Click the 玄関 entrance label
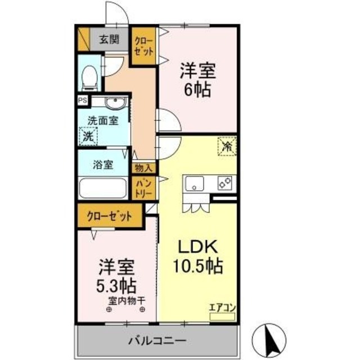[110, 40]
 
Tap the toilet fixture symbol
[89, 78]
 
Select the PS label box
[83, 101]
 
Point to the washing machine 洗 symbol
[88, 136]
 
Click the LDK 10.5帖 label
[197, 256]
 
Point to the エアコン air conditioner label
[222, 307]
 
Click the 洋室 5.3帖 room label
[117, 273]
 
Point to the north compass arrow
[268, 337]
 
